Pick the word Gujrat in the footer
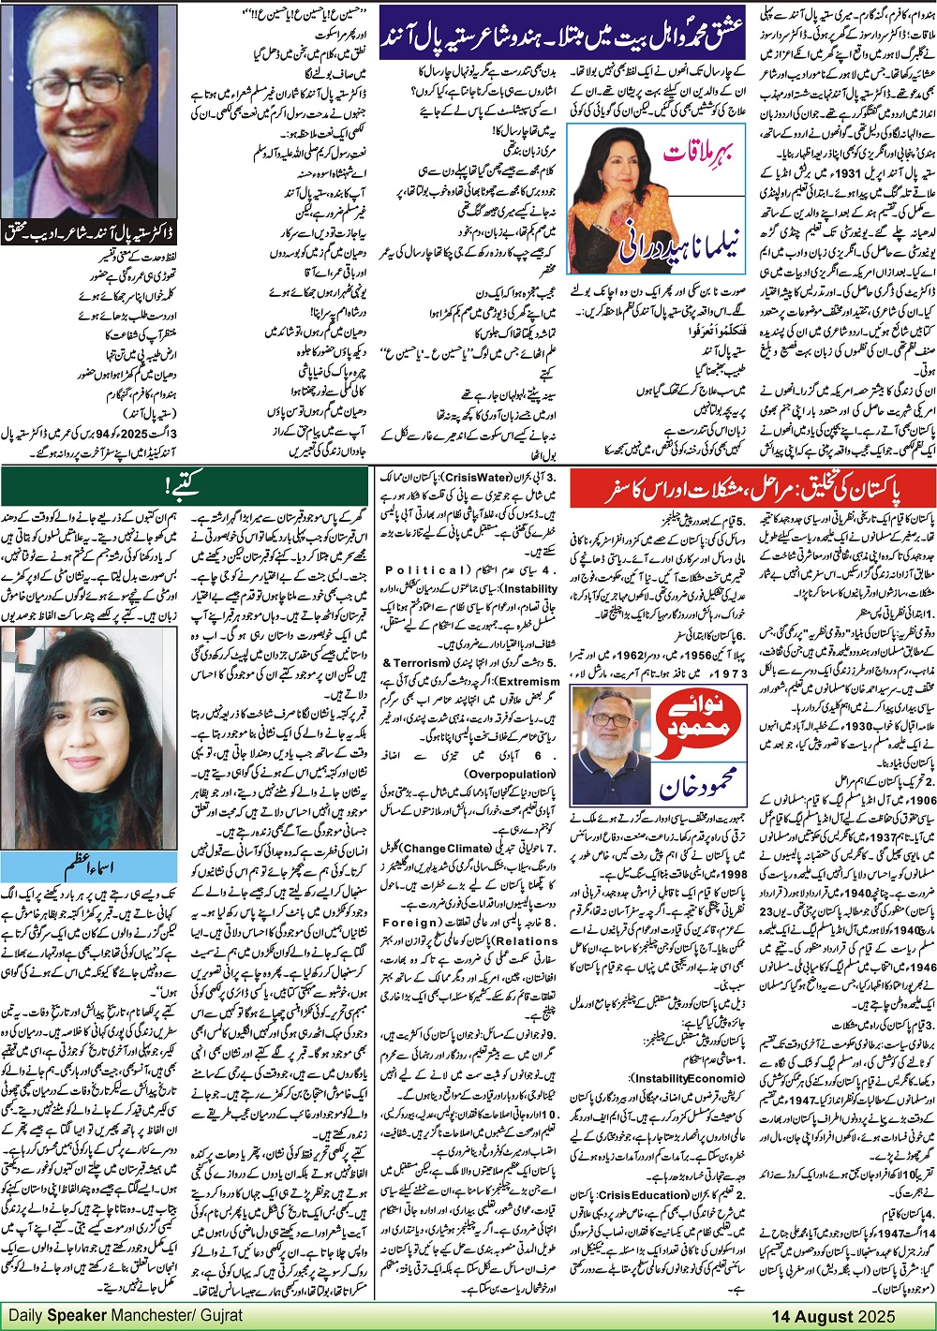(x=225, y=1314)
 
